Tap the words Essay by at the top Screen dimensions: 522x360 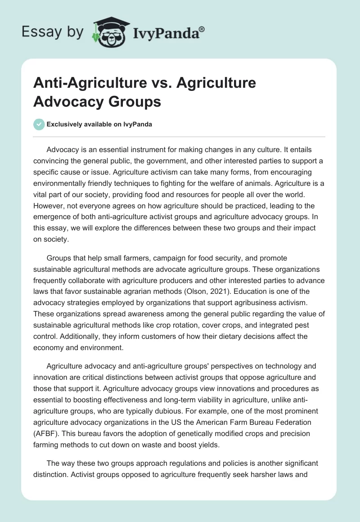pyautogui.click(x=53, y=31)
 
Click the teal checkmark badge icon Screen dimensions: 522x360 pyautogui.click(x=39, y=124)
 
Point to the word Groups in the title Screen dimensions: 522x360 pyautogui.click(x=137, y=101)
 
